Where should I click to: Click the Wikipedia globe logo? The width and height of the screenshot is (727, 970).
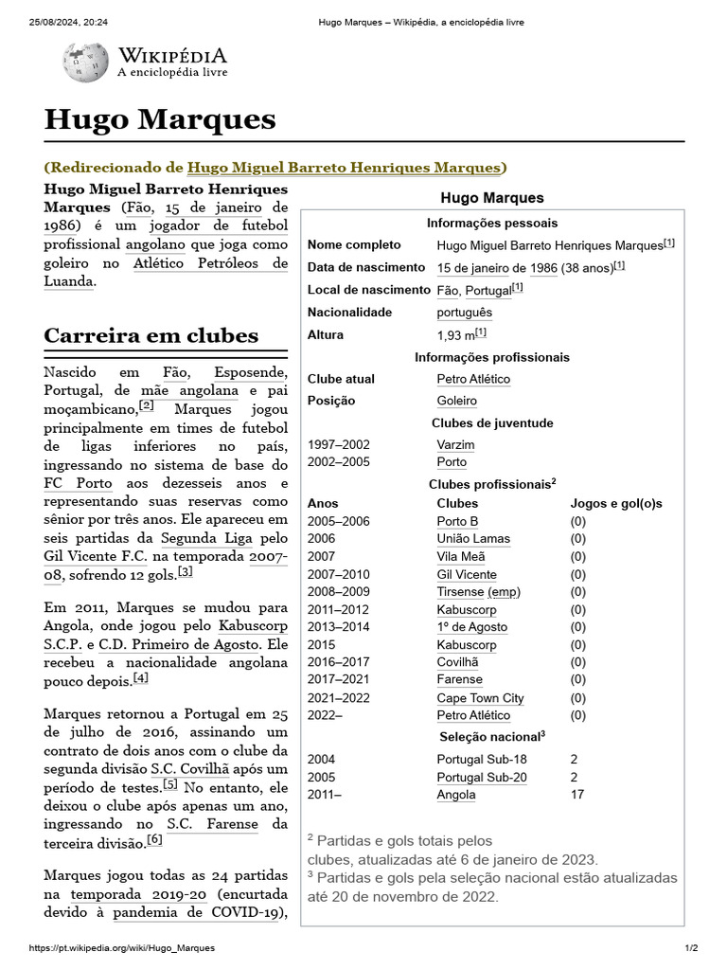pos(85,60)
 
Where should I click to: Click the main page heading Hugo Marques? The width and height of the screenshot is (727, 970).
pos(160,119)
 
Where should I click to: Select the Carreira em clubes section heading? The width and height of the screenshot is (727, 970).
pos(151,335)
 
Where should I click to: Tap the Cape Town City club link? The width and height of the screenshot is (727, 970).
pos(480,698)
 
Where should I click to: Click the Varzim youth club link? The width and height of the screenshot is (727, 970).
pos(455,444)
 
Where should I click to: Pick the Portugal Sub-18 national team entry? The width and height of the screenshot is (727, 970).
pos(482,759)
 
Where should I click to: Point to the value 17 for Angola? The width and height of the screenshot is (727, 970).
pos(577,795)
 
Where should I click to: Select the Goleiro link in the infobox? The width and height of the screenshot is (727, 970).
pos(456,401)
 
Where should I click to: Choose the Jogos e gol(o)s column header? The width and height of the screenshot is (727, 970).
pos(615,503)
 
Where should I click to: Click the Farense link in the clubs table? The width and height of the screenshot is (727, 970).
pos(459,679)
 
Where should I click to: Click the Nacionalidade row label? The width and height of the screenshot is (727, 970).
pos(349,312)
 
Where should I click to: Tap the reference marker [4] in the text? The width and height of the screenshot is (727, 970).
pos(140,678)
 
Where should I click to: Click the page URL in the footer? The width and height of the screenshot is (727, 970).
pos(122,948)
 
